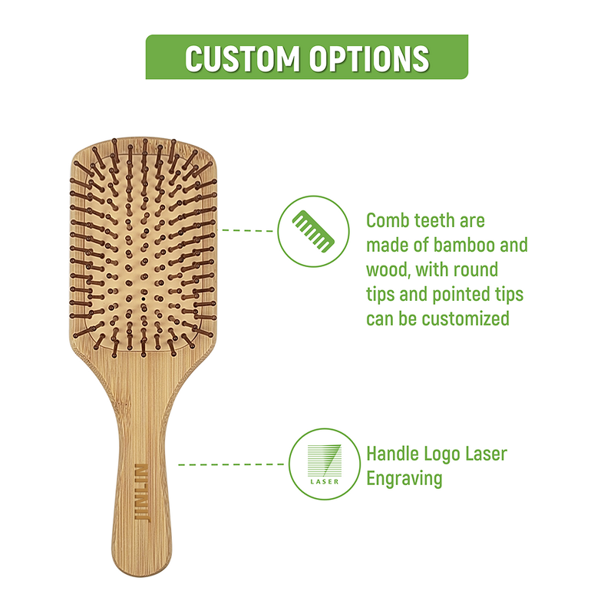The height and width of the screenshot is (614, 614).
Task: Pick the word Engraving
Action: [404, 479]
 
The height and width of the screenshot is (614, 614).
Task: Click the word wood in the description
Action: [387, 270]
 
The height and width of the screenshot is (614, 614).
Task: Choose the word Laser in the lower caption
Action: [486, 454]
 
